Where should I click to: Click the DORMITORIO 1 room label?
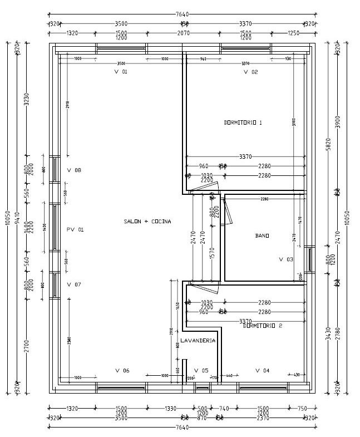243,122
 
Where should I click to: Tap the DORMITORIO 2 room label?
263,326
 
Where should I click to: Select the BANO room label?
262,235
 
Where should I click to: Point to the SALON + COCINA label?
147,222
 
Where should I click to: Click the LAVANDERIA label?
198,340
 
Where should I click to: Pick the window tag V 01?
121,72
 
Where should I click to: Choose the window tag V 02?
251,72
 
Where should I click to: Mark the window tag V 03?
286,259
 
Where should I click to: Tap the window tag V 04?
262,370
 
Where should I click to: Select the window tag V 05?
201,370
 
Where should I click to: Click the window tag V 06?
122,370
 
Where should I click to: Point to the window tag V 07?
74,284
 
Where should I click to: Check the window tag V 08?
74,170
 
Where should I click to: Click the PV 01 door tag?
75,229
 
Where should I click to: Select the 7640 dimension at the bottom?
183,427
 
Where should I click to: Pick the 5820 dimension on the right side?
328,145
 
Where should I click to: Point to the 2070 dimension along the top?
184,33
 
